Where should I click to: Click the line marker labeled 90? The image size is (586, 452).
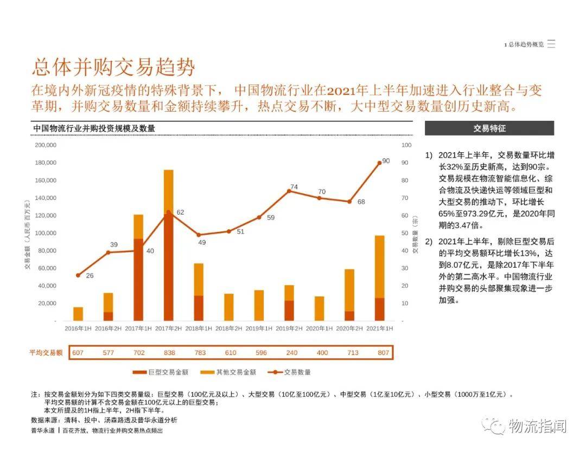379,162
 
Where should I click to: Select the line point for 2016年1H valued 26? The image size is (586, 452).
78,275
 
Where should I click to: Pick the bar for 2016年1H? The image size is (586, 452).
78,314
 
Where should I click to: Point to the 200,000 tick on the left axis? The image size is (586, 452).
46,145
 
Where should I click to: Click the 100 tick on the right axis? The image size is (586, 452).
406,145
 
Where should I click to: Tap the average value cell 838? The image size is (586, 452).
169,353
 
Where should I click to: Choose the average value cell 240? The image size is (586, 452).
291,353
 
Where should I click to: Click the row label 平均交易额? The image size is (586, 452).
46,353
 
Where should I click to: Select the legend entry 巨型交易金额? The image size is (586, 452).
164,372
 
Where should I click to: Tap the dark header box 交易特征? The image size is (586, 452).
489,128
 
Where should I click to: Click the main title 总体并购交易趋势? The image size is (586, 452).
113,68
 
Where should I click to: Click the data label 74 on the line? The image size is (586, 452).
294,187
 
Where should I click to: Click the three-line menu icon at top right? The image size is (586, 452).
551,44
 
